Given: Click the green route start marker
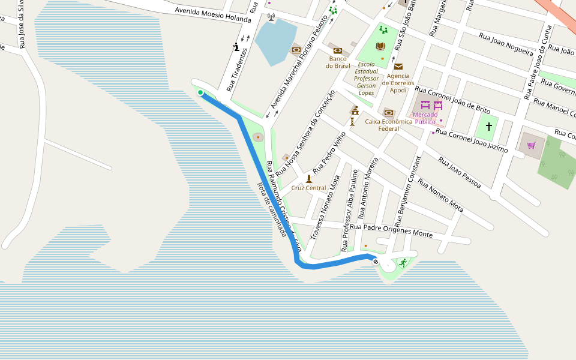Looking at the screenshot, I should [200, 92].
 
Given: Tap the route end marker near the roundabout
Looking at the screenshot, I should [376, 261].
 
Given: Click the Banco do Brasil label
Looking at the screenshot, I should [338, 62].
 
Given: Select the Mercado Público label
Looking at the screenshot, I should [425, 118].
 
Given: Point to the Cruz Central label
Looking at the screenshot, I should [308, 188].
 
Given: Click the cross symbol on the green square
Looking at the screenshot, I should [489, 127].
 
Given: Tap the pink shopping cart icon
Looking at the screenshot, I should [531, 145].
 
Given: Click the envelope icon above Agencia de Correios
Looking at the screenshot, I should [398, 67].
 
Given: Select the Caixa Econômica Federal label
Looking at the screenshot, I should [389, 124].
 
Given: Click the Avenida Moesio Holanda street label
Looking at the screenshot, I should [212, 14].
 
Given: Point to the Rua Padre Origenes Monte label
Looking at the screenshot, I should [391, 230].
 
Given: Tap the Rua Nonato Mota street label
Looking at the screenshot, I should [440, 195].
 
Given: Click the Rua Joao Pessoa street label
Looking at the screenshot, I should [460, 172].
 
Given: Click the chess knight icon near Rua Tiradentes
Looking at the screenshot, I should [237, 47].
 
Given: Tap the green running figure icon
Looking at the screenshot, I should [403, 262].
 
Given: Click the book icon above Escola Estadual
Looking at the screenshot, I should [380, 46].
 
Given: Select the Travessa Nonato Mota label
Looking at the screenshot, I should [323, 208].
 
